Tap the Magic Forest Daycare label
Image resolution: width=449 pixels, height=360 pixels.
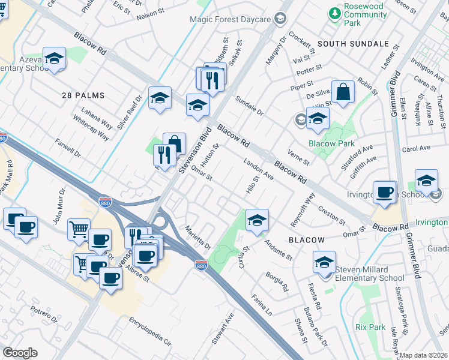(230, 19)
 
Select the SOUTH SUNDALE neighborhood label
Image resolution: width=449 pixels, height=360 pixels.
(353, 44)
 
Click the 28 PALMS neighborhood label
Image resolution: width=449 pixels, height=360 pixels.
(83, 95)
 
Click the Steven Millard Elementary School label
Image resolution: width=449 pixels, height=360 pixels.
(370, 274)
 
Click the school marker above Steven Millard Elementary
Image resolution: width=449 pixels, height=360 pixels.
(324, 263)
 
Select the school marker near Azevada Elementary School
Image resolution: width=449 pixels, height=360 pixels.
(54, 59)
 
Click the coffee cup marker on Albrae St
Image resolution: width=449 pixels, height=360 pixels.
(110, 278)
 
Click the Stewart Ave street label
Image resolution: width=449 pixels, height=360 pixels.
(221, 327)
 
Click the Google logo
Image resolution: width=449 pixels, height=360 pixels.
(20, 353)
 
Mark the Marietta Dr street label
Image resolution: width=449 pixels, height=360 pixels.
(198, 237)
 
